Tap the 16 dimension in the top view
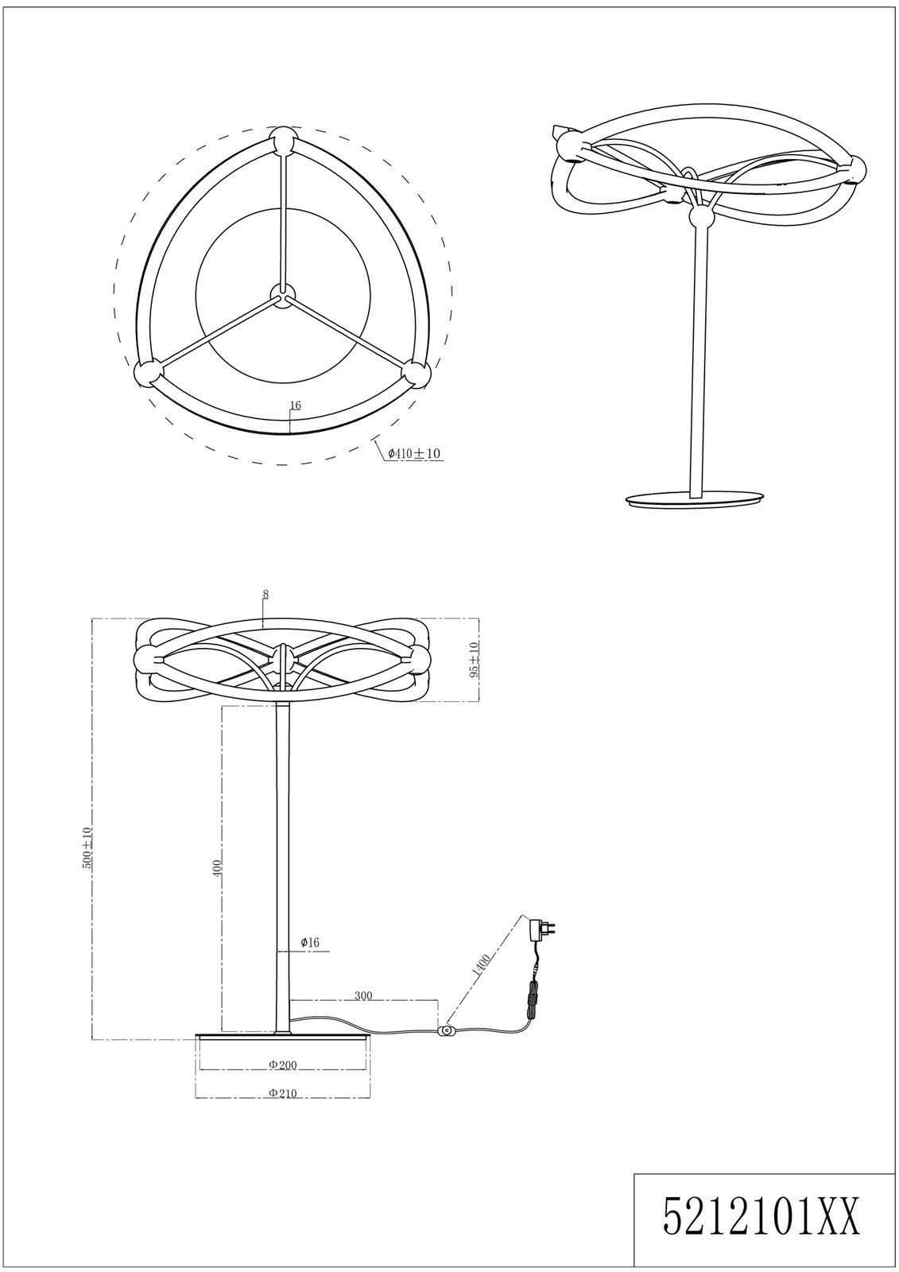(x=295, y=405)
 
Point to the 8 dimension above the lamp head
(x=265, y=595)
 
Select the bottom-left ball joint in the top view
(x=147, y=374)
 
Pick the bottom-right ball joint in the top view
(x=417, y=374)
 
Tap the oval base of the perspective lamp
(x=694, y=499)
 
